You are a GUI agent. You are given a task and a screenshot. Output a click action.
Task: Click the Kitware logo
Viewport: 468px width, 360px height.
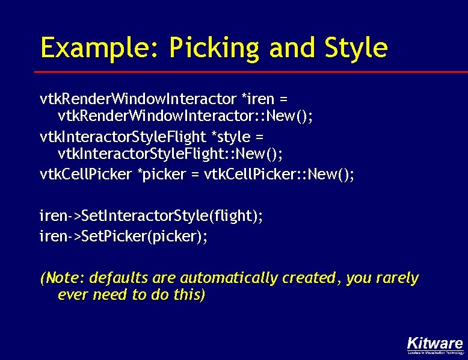(x=435, y=343)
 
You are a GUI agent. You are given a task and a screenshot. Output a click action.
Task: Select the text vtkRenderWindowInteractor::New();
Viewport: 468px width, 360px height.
(x=185, y=115)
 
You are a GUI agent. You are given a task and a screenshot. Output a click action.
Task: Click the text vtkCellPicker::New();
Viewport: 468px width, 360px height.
(x=280, y=175)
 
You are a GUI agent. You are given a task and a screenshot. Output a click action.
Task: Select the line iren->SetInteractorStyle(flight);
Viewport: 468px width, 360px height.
(x=151, y=215)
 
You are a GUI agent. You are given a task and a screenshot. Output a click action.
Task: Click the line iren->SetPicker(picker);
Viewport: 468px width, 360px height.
(x=123, y=237)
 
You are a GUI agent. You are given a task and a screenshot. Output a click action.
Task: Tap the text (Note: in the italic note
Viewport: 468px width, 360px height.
(x=63, y=278)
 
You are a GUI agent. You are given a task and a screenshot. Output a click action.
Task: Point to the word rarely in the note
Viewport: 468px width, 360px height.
(x=396, y=278)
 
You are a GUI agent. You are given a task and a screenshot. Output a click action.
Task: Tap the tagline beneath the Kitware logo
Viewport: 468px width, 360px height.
(x=435, y=353)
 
